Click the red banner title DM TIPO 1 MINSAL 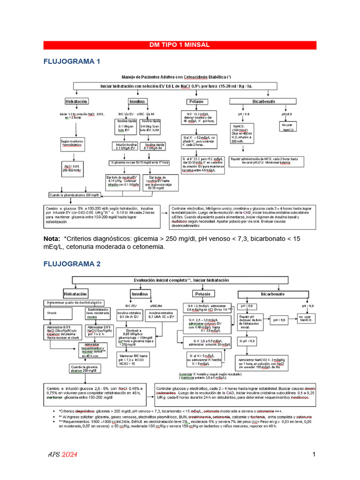[180, 45]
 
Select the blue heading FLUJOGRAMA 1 [72, 61]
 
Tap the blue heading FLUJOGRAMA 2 [72, 264]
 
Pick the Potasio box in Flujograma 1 [195, 101]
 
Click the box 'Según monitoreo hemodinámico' [71, 143]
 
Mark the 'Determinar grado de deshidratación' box [73, 302]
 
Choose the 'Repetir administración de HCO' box [270, 161]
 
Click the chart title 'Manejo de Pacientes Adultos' [176, 76]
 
